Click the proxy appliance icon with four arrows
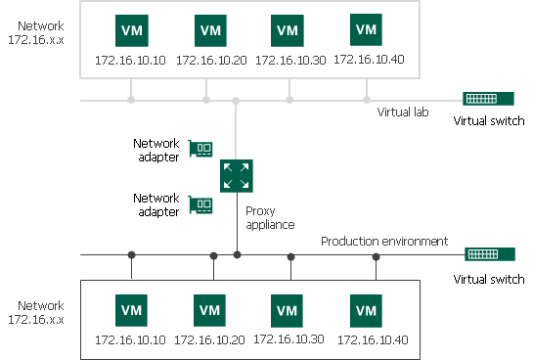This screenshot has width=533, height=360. tap(235, 176)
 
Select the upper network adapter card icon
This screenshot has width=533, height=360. tap(202, 150)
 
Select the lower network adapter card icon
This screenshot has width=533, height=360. tap(202, 205)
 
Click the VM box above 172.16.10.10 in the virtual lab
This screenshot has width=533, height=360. tap(131, 30)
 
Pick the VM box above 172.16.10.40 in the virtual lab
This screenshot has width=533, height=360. tap(366, 29)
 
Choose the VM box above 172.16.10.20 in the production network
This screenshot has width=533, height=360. tap(211, 309)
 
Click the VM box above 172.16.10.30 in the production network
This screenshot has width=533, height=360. tap(288, 309)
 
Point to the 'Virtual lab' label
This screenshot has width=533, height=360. tap(403, 112)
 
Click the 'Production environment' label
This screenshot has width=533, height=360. tap(384, 241)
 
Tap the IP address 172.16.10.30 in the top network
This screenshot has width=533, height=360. tap(289, 60)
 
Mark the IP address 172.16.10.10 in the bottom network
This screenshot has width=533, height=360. tap(130, 339)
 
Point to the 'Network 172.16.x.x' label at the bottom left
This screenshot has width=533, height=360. tap(35, 313)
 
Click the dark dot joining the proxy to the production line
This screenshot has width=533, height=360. tap(237, 255)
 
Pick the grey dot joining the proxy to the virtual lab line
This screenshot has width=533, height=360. tap(236, 100)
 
